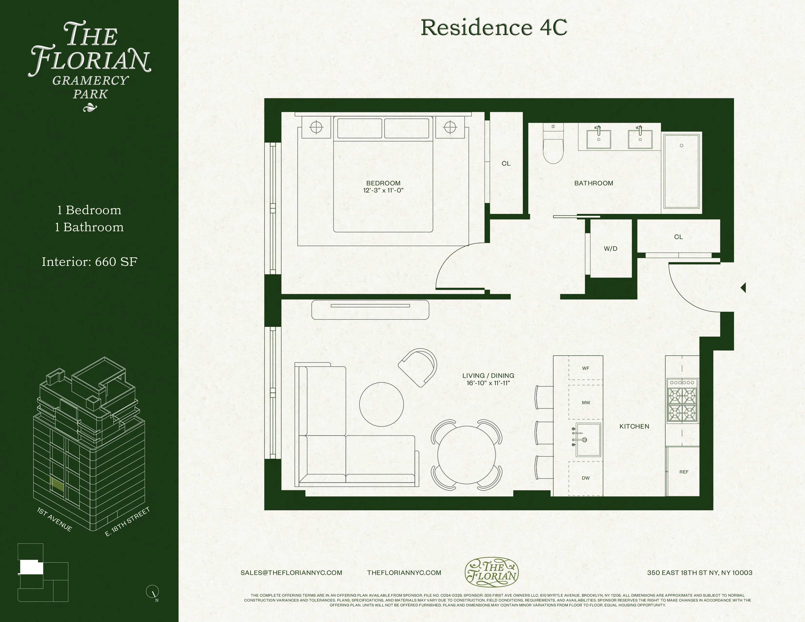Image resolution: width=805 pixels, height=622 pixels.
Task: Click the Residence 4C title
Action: click(x=494, y=27)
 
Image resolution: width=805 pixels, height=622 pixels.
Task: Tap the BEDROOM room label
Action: click(x=383, y=183)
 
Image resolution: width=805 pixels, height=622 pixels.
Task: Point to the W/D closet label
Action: click(x=610, y=249)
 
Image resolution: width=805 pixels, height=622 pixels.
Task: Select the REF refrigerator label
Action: click(x=684, y=472)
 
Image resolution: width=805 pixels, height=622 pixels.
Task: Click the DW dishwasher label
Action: click(x=586, y=478)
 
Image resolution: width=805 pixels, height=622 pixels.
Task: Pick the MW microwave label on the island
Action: click(x=586, y=403)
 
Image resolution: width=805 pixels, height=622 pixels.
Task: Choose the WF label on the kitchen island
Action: click(x=586, y=368)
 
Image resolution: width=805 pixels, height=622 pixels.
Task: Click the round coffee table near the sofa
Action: click(x=382, y=404)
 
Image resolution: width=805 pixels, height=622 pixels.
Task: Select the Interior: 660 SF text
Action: click(x=90, y=262)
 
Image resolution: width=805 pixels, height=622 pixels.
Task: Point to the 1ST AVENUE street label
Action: click(x=55, y=519)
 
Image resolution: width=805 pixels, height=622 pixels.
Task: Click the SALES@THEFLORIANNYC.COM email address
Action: click(x=291, y=573)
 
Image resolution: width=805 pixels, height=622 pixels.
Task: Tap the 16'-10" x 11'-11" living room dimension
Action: click(x=488, y=383)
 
